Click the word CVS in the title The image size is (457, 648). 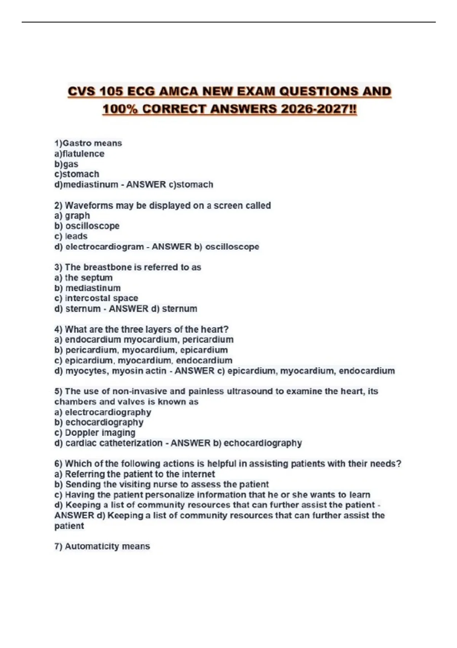pyautogui.click(x=82, y=91)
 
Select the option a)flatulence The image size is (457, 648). pyautogui.click(x=79, y=154)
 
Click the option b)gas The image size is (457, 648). pyautogui.click(x=66, y=164)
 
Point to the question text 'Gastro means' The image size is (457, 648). pyautogui.click(x=92, y=143)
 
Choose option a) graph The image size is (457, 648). pyautogui.click(x=72, y=216)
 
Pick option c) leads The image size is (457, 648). pyautogui.click(x=71, y=236)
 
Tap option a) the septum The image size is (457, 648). pyautogui.click(x=83, y=277)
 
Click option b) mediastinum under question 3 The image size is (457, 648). pyautogui.click(x=87, y=288)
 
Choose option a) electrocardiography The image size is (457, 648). pyautogui.click(x=103, y=412)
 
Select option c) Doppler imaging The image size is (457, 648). pyautogui.click(x=95, y=433)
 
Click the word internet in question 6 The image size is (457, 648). pyautogui.click(x=198, y=474)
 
